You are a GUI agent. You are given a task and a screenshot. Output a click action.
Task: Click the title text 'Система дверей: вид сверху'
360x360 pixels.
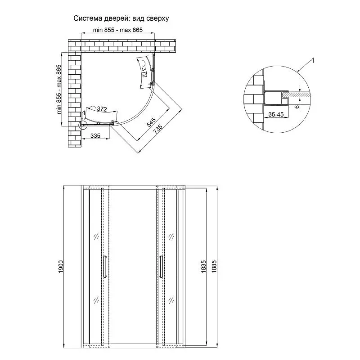click(x=121, y=18)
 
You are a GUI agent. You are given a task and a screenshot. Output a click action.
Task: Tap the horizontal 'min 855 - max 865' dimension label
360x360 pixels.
click(x=118, y=30)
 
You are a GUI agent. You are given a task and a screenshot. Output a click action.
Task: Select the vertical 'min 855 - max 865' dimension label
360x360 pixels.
click(x=59, y=89)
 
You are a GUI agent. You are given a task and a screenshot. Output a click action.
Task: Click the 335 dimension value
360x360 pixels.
click(x=95, y=136)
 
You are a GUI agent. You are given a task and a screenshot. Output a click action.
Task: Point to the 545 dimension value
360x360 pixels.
click(x=151, y=122)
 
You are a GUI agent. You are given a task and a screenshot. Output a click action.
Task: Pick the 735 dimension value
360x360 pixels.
click(x=158, y=129)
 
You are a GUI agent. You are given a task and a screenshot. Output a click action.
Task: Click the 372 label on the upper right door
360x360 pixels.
click(x=144, y=72)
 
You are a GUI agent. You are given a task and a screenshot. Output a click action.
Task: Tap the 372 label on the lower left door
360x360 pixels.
click(x=102, y=109)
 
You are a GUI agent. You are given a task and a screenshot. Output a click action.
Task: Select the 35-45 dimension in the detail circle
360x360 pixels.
click(x=276, y=114)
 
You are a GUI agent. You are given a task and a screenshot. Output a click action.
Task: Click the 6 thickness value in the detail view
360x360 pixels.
click(x=297, y=107)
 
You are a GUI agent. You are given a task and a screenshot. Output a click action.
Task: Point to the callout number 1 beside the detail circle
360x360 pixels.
click(x=312, y=60)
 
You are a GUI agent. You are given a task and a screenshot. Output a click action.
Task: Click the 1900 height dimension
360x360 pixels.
click(x=61, y=266)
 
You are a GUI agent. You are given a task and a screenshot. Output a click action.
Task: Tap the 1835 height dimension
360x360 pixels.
click(x=203, y=266)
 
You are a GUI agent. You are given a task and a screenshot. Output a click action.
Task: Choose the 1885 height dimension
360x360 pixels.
click(x=214, y=266)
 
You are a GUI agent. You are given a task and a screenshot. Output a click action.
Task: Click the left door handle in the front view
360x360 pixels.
click(x=105, y=267)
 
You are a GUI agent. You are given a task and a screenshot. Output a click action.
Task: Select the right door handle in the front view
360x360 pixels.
click(x=162, y=267)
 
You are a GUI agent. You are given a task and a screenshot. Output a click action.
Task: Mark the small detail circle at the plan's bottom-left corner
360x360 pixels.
click(x=83, y=125)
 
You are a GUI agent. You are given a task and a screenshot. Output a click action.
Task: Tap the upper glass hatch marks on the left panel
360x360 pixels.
click(x=96, y=236)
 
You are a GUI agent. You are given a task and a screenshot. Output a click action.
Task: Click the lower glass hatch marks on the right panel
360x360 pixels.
click(x=171, y=300)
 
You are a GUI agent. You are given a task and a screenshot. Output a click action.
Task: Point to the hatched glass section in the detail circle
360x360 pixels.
click(x=296, y=94)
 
